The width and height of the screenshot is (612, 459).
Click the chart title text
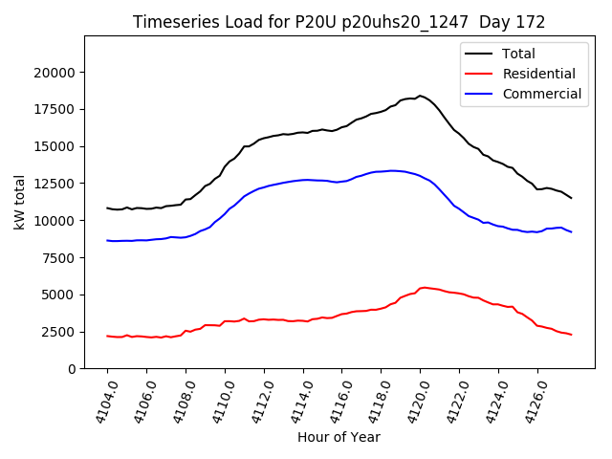point(339,21)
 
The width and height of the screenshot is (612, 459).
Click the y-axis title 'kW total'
point(19,202)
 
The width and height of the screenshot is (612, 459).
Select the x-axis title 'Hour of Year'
point(339,437)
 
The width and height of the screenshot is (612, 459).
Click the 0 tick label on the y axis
point(71,369)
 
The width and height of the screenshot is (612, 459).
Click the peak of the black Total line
point(419,96)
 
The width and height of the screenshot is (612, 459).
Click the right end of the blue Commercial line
point(571,232)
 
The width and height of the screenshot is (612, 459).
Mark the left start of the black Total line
point(107,208)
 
